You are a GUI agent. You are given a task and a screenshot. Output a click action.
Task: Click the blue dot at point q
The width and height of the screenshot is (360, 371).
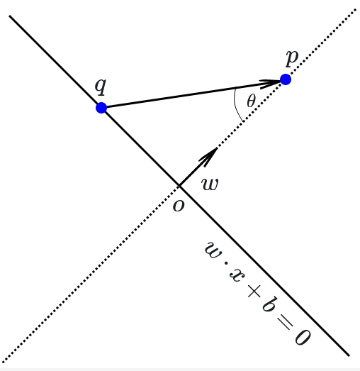[101, 108]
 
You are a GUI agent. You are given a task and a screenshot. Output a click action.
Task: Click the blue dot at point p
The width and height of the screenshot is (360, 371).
[286, 79]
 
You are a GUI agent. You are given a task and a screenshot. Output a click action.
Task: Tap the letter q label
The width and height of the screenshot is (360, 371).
[101, 86]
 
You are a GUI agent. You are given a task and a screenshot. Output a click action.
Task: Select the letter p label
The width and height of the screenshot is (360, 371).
[291, 57]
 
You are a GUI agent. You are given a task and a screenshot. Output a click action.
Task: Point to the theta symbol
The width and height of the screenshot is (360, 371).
[251, 101]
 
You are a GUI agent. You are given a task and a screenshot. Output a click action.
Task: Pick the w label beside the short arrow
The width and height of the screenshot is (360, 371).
[210, 184]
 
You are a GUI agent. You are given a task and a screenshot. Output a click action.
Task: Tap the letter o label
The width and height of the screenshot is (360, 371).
[179, 206]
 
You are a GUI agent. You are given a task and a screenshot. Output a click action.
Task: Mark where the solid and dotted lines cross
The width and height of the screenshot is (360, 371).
[179, 187]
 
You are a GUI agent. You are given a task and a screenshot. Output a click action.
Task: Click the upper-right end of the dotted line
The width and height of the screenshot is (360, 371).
[355, 9]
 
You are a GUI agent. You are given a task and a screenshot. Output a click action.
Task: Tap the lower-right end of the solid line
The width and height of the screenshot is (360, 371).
[349, 355]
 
